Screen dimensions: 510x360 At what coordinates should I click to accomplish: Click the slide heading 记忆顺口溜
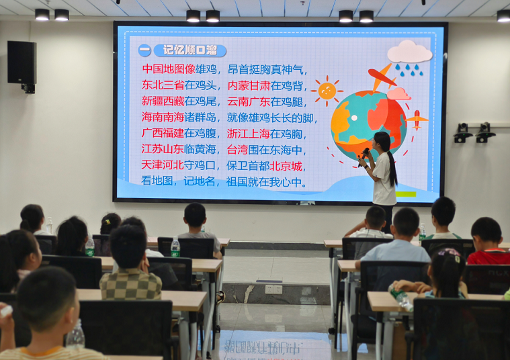tap(190, 50)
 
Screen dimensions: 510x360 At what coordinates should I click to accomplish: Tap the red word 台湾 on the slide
tap(237, 150)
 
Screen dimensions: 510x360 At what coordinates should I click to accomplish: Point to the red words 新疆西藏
tap(163, 101)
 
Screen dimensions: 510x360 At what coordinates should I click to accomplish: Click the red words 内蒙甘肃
tap(249, 85)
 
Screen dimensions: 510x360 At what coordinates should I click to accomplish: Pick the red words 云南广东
tap(249, 101)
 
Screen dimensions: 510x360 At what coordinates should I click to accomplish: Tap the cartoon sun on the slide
tap(327, 91)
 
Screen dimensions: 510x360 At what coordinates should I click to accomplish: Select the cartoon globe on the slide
tap(368, 125)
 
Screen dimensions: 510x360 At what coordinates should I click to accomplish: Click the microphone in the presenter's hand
tap(364, 156)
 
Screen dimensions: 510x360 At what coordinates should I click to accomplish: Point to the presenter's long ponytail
tap(392, 167)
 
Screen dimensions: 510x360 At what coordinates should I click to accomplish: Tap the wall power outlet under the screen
tap(273, 289)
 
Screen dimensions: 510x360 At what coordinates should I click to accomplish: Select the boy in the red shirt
tap(488, 241)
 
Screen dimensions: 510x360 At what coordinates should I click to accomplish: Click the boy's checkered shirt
tap(130, 285)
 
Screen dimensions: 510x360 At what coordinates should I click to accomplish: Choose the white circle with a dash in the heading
tap(144, 50)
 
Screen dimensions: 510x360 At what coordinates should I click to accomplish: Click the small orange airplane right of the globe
tap(417, 120)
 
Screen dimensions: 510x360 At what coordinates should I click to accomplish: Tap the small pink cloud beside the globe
tap(398, 94)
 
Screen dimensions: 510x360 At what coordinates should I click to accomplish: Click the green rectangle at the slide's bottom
tap(406, 194)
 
